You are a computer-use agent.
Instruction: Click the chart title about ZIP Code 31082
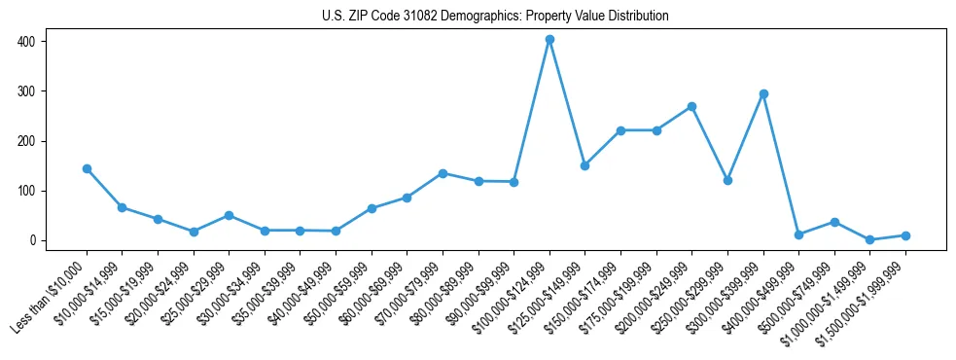(495, 16)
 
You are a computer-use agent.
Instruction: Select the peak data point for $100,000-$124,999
(549, 40)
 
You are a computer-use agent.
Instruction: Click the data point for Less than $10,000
(87, 168)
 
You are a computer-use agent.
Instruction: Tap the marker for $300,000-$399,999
(763, 94)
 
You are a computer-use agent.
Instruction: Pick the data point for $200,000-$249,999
(691, 106)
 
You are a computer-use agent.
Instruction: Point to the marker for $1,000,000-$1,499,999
(869, 239)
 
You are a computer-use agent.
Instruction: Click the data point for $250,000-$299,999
(727, 180)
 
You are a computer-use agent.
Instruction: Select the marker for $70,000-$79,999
(443, 173)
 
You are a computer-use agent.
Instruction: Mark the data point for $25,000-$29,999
(229, 215)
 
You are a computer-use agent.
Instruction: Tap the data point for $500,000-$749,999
(834, 222)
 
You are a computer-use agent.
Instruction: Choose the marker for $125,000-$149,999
(584, 165)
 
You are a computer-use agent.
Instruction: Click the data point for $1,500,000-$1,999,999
(905, 235)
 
